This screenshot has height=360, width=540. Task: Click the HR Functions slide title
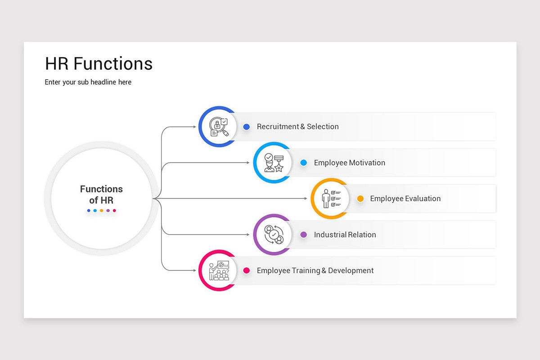pyautogui.click(x=99, y=64)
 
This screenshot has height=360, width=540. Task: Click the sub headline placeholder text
pyautogui.click(x=88, y=82)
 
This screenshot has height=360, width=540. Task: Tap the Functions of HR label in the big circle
pyautogui.click(x=101, y=194)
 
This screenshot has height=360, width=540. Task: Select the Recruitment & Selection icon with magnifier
pyautogui.click(x=219, y=127)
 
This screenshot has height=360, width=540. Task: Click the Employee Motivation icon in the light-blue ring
pyautogui.click(x=273, y=163)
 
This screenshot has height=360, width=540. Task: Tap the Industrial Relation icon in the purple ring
pyautogui.click(x=273, y=234)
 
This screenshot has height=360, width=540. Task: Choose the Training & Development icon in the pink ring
pyautogui.click(x=219, y=270)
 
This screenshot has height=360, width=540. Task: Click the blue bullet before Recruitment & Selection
pyautogui.click(x=247, y=127)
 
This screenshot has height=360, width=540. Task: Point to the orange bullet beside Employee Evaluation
pyautogui.click(x=360, y=198)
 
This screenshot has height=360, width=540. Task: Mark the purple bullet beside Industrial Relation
pyautogui.click(x=304, y=234)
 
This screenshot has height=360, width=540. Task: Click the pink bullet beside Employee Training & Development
pyautogui.click(x=247, y=270)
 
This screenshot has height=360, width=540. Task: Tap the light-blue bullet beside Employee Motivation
pyautogui.click(x=304, y=163)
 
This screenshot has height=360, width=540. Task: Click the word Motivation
pyautogui.click(x=367, y=163)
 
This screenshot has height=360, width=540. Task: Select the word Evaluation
pyautogui.click(x=423, y=198)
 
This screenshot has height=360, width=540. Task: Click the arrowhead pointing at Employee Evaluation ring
pyautogui.click(x=306, y=198)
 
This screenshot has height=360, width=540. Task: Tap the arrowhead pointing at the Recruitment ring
pyautogui.click(x=194, y=127)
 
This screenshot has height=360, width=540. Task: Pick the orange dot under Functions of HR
pyautogui.click(x=101, y=211)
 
